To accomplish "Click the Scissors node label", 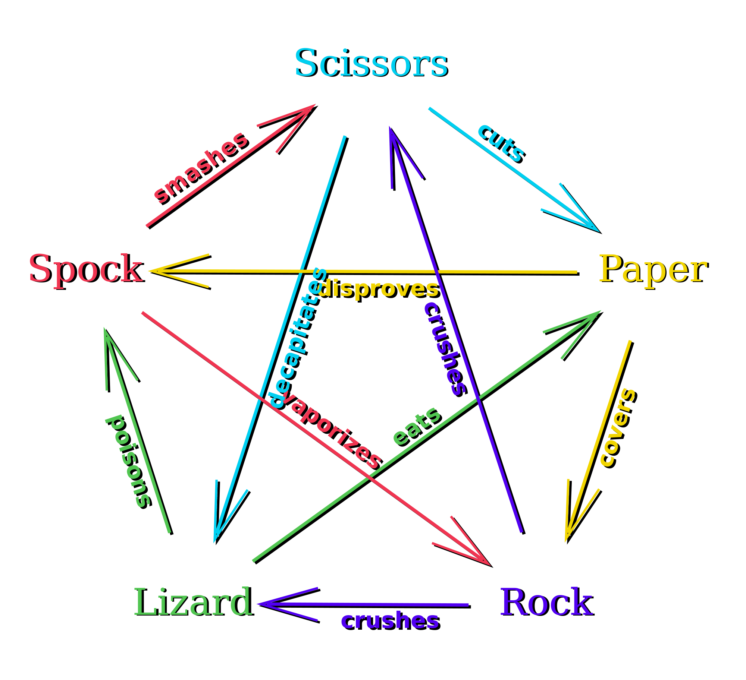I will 371,63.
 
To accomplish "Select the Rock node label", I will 546,601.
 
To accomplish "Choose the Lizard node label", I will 193,601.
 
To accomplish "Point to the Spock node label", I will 86,269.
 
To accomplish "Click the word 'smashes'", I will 201,168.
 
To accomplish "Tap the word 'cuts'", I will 502,143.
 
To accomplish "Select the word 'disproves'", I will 378,288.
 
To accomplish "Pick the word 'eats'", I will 417,427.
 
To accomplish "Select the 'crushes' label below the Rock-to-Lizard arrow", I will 390,621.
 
